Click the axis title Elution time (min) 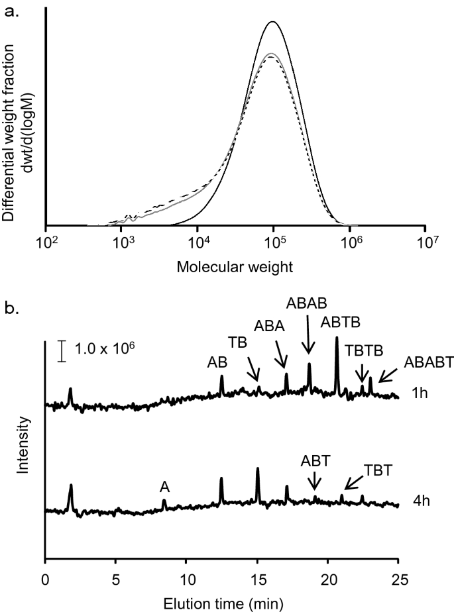click(221, 585)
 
